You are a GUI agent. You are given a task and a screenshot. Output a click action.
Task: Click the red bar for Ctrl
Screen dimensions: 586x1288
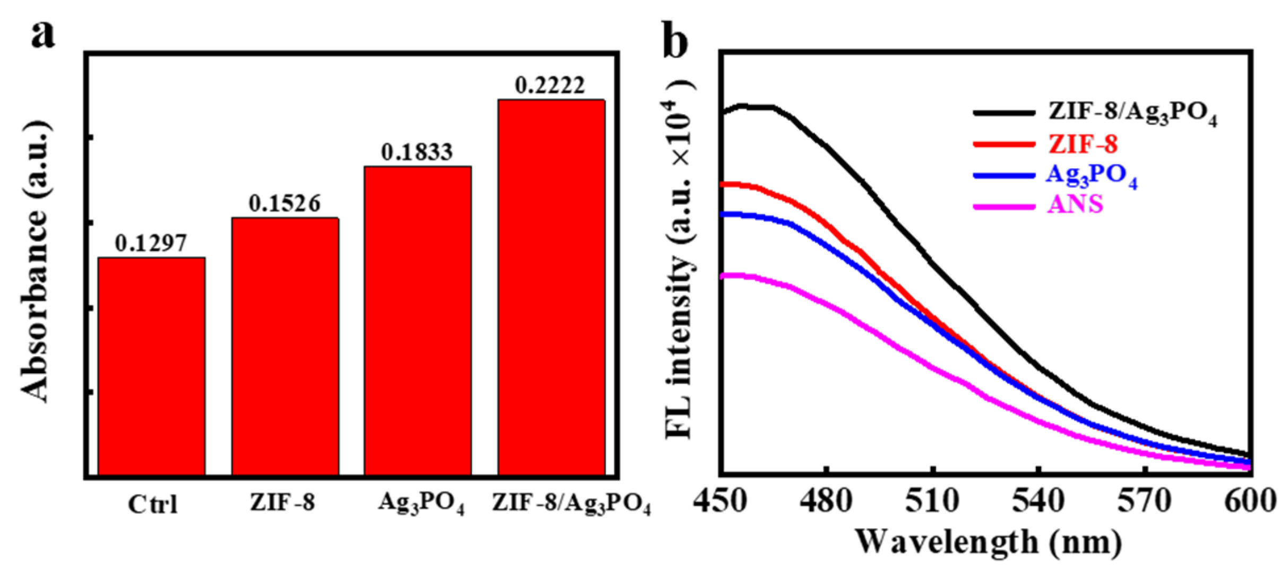(x=152, y=366)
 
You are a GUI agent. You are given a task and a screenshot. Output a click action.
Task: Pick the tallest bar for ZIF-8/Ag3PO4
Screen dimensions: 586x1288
(x=551, y=287)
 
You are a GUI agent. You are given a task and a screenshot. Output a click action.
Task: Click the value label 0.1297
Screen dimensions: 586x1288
(x=151, y=244)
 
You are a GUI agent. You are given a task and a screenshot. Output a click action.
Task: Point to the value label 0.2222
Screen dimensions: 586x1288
(x=550, y=86)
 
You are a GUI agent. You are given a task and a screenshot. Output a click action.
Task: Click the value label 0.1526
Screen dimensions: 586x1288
(x=285, y=204)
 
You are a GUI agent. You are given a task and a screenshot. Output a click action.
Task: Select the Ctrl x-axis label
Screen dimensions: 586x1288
(x=153, y=504)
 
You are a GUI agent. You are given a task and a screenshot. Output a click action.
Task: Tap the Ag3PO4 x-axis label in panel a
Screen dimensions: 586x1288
(x=421, y=504)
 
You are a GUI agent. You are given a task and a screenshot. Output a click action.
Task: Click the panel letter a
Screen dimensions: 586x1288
(x=42, y=36)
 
